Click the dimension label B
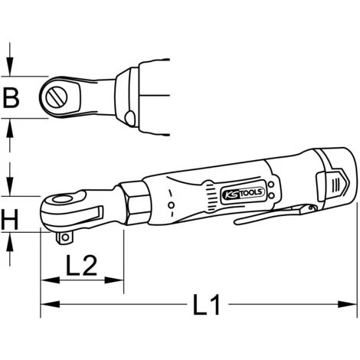click(x=11, y=97)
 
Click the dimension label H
click(x=10, y=219)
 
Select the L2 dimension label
click(x=82, y=265)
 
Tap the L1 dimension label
click(x=207, y=305)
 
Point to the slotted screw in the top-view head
click(x=57, y=97)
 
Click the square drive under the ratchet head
click(x=64, y=237)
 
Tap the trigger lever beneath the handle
click(x=275, y=214)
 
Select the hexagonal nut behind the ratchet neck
click(x=135, y=203)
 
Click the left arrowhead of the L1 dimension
click(x=50, y=304)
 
